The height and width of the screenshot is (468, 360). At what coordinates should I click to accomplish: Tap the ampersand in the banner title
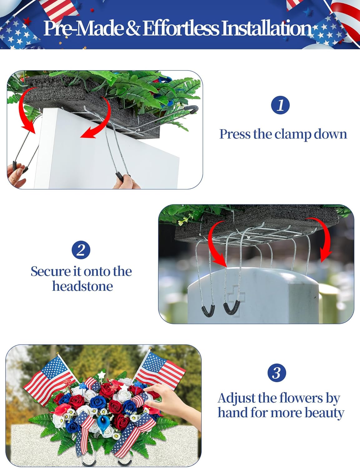pos(133,28)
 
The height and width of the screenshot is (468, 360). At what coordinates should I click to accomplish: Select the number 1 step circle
pos(280,105)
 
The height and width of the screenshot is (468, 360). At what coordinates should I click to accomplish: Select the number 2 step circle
pos(81,250)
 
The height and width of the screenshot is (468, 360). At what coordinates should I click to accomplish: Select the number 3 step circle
pos(277,373)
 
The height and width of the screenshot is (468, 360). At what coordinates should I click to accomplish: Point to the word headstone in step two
pos(82,286)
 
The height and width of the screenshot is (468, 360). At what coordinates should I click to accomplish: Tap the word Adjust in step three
pos(237,398)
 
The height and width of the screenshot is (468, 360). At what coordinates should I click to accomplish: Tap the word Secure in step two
pos(51,271)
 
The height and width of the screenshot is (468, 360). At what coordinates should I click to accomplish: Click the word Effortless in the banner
pos(181,28)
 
